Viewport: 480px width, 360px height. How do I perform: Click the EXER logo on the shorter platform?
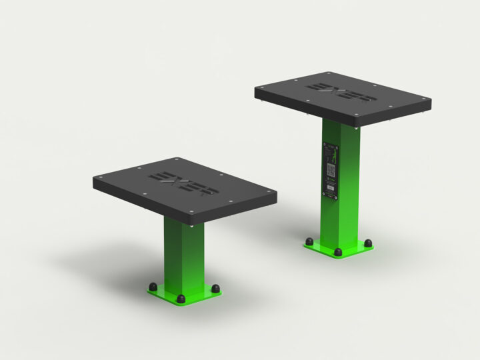coord(181,183)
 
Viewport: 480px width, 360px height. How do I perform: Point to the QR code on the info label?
coord(331,169)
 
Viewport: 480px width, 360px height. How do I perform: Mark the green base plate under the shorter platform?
coord(184,293)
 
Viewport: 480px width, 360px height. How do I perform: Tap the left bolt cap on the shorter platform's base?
coord(153,287)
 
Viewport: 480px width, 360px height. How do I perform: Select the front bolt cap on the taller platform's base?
coord(338,253)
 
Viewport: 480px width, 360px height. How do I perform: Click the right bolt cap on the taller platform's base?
coord(368,243)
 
